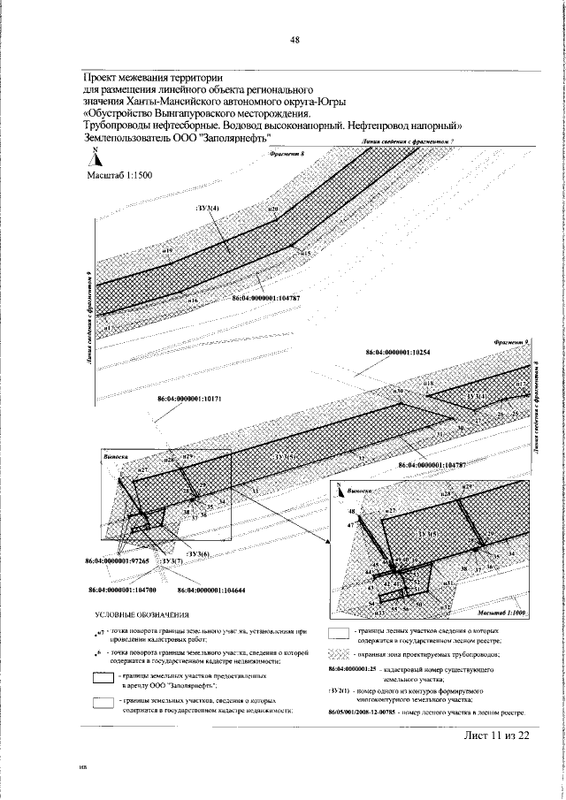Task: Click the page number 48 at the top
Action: (294, 39)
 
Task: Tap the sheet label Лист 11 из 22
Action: (496, 735)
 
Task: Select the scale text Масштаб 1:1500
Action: (119, 176)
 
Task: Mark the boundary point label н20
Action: (272, 210)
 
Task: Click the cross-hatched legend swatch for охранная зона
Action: (340, 654)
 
